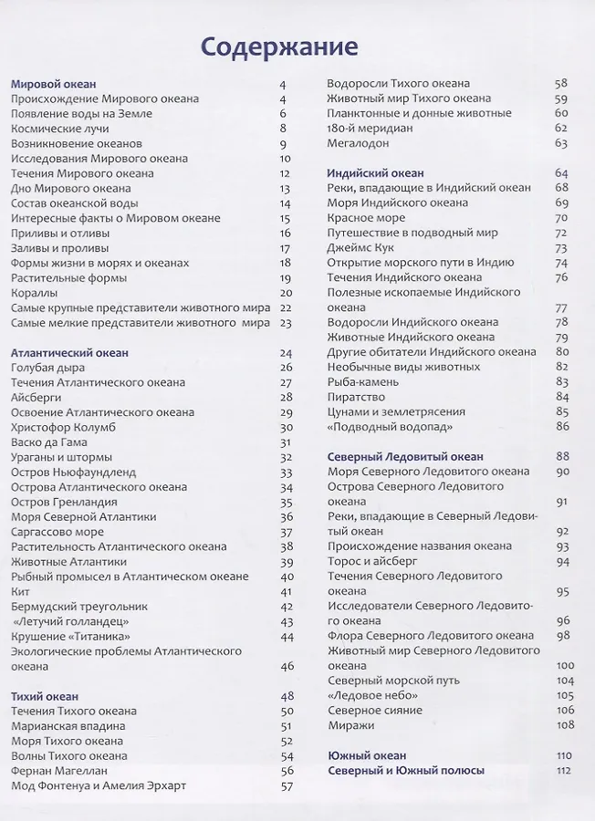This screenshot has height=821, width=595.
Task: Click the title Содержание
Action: [x=279, y=47]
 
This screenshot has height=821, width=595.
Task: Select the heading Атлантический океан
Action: [x=69, y=352]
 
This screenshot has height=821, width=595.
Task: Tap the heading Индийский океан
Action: [x=375, y=172]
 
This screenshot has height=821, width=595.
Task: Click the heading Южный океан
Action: [x=367, y=755]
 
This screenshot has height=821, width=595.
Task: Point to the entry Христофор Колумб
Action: [x=69, y=427]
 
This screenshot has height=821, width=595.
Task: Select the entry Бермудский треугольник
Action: [x=79, y=606]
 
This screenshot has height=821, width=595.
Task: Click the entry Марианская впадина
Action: [x=68, y=725]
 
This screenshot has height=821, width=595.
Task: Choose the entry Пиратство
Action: [x=356, y=397]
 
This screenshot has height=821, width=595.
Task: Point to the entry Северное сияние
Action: [x=374, y=710]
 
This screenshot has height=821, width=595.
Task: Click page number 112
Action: [x=562, y=770]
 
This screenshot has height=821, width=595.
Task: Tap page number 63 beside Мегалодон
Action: [x=561, y=143]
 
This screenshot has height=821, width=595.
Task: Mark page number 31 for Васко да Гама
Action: [x=286, y=442]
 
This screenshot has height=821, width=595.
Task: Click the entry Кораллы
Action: [x=35, y=293]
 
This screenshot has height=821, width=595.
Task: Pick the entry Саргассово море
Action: [x=57, y=531]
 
